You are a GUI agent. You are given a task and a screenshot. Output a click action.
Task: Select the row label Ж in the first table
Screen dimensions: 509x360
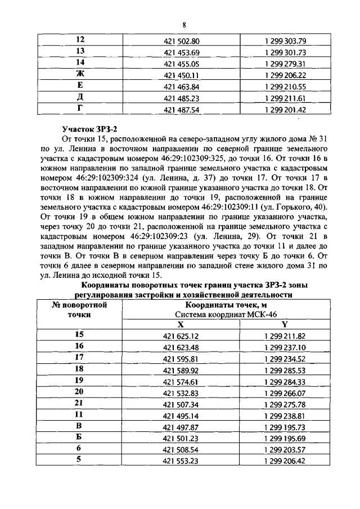pos(80,74)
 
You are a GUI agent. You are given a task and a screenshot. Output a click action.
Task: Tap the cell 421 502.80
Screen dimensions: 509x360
pos(182,40)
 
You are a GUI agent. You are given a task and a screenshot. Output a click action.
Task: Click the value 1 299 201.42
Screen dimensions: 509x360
pos(284,110)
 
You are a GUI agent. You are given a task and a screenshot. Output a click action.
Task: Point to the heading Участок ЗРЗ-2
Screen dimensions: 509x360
pos(89,128)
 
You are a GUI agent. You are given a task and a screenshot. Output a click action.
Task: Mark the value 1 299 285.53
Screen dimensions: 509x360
pos(284,371)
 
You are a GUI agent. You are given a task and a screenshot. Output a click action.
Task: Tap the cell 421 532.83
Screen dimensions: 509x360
pos(182,393)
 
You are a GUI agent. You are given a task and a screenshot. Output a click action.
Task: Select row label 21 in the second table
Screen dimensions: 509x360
pos(79,404)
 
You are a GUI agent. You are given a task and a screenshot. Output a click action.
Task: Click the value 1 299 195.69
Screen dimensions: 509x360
pos(284,439)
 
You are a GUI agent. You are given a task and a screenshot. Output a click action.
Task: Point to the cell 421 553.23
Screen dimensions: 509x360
pos(182,461)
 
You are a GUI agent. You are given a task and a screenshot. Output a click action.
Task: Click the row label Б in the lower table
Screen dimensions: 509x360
pos(79,438)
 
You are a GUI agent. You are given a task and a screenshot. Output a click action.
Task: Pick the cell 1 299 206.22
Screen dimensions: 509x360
pos(284,75)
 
